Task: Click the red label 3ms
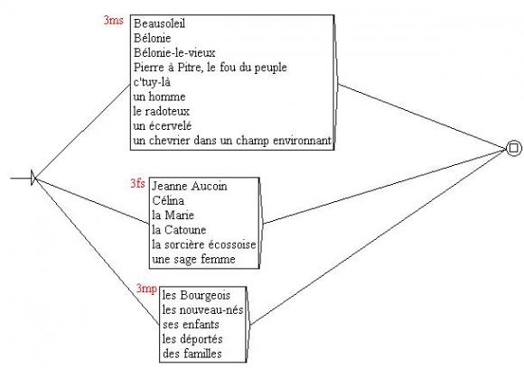point(113,21)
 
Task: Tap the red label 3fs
point(137,183)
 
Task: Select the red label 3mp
point(146,288)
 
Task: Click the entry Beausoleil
point(159,23)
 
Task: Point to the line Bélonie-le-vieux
point(174,52)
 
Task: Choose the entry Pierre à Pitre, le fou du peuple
point(210,68)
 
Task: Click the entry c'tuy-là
point(152,82)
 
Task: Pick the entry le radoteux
point(161,111)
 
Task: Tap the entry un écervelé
point(163,125)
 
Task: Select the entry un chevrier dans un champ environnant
point(232,141)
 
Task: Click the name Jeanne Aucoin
point(190,186)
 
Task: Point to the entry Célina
point(168,200)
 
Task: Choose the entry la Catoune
point(179,230)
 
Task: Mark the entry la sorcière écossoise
point(204,244)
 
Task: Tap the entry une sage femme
point(193,259)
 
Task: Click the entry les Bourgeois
point(197,295)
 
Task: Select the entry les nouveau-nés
point(202,310)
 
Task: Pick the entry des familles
point(192,354)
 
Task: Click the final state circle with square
point(514,148)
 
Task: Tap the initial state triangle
point(33,178)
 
